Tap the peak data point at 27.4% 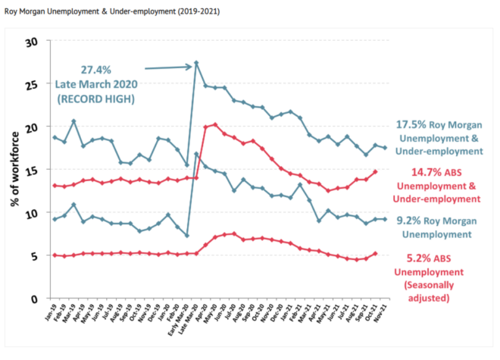coord(196,63)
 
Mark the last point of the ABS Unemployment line coord(375,254)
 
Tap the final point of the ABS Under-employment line coord(375,171)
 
